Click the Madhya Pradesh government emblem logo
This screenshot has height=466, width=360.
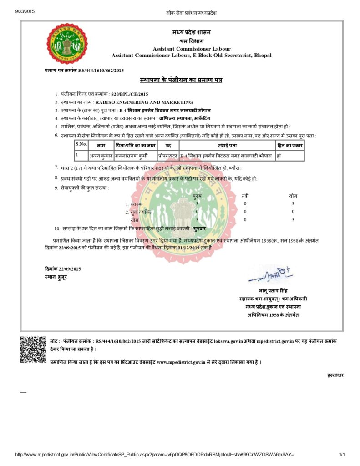click(x=67, y=44)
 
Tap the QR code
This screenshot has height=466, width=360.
click(x=33, y=349)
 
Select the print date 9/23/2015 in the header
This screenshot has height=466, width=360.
click(x=25, y=11)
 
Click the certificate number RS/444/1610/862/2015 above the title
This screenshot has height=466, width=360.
click(x=101, y=71)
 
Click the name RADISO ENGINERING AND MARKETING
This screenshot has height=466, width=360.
click(x=144, y=102)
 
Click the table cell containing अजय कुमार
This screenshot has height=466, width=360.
click(x=101, y=155)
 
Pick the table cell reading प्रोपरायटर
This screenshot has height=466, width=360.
click(x=168, y=155)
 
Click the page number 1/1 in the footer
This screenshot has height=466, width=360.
click(x=342, y=454)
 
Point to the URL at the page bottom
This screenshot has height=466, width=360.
click(x=155, y=454)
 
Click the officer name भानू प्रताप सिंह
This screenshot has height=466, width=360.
click(x=273, y=291)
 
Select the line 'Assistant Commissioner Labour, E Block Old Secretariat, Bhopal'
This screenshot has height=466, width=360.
click(x=192, y=55)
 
